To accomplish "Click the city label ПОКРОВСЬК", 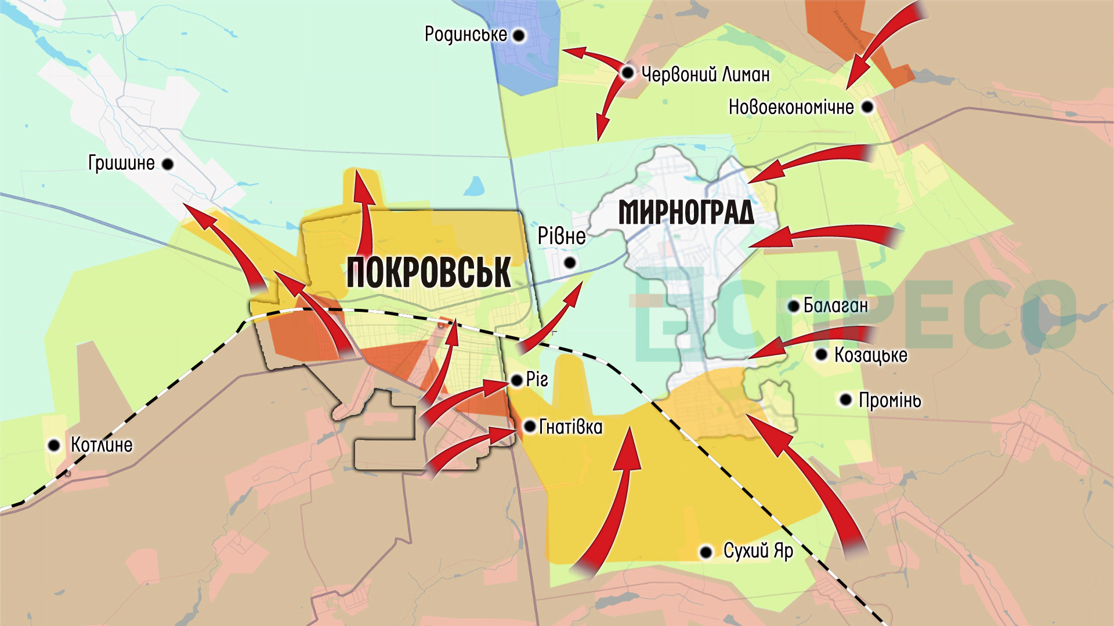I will tap(428, 272).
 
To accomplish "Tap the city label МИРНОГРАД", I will tap(686, 212).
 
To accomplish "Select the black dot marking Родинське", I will tap(519, 36).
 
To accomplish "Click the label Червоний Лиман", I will tap(706, 74).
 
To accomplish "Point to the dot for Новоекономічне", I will tap(867, 107).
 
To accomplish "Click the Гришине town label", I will tap(121, 163).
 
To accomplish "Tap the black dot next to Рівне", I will tap(570, 263).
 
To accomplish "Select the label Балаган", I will tap(835, 305).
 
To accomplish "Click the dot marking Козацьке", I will tap(821, 355).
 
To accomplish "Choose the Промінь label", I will tap(889, 400).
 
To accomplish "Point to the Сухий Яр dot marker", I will tap(706, 552).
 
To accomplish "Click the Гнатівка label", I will tap(571, 427).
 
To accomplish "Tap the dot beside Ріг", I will tap(516, 381).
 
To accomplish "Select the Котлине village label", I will tap(102, 445).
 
